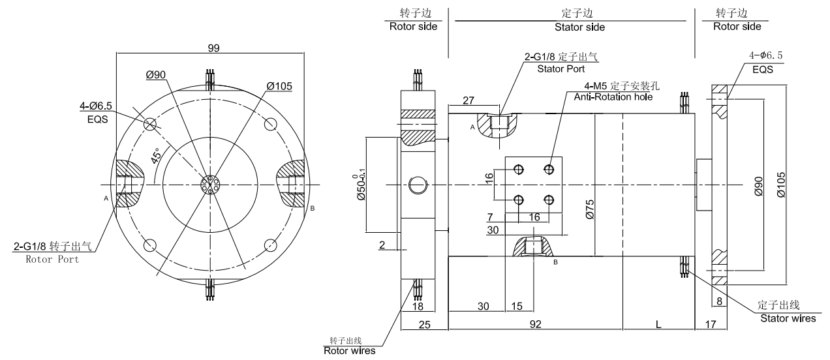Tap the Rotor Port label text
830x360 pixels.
tap(52, 259)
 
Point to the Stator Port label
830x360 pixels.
tap(560, 68)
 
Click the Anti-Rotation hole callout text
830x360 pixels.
tap(613, 97)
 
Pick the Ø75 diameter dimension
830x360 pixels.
tap(589, 209)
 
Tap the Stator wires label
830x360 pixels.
tap(788, 318)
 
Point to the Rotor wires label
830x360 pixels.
tap(350, 351)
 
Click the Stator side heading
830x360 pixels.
tap(579, 27)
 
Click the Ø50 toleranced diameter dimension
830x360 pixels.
tap(358, 187)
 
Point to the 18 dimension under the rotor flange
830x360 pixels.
tap(418, 306)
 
